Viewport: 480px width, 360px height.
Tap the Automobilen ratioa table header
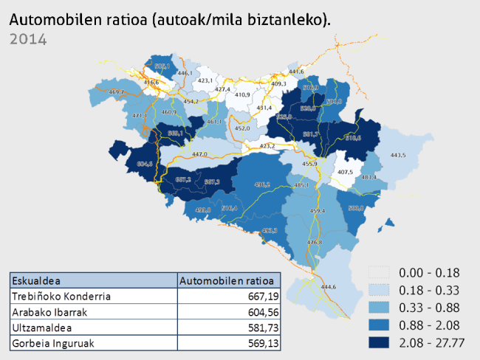click(x=230, y=281)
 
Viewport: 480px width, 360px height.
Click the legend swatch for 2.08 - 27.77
click(x=380, y=343)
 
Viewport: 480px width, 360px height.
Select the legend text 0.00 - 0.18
click(x=429, y=272)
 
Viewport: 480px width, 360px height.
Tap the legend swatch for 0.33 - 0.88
click(x=380, y=308)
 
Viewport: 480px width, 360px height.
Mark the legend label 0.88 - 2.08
click(x=429, y=325)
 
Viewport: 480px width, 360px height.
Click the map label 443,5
click(x=398, y=156)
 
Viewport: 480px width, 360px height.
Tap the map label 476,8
click(x=315, y=243)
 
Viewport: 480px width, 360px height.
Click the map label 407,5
click(x=345, y=173)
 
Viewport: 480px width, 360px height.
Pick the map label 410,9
click(x=243, y=95)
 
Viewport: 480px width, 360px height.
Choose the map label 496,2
click(x=262, y=184)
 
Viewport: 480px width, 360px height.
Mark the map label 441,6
click(x=296, y=72)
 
